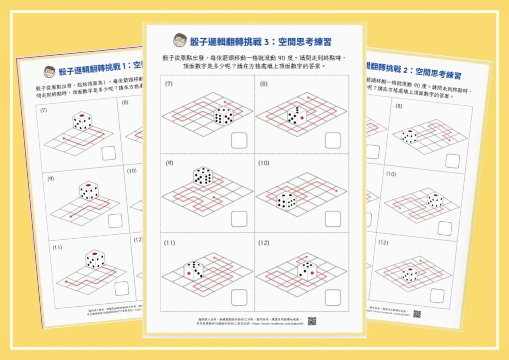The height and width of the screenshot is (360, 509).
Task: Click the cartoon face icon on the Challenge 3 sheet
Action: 179,40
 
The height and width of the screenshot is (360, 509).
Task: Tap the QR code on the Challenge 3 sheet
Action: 312,321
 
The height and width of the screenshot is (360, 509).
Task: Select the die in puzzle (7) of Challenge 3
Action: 223,116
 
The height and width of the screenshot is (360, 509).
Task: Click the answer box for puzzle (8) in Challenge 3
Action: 333,140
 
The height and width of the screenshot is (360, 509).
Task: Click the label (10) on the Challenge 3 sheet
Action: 263,163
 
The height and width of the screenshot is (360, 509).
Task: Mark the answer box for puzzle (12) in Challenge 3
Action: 333,297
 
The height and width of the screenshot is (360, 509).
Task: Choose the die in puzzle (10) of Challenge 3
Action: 286,200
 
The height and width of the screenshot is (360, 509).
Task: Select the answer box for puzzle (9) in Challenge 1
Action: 115,220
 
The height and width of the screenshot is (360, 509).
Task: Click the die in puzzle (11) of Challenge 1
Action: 94,259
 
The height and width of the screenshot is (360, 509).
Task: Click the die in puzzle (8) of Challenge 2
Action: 410,136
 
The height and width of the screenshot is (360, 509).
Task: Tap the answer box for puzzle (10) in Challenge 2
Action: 445,228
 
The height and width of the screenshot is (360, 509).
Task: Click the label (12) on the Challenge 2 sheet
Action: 383,242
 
